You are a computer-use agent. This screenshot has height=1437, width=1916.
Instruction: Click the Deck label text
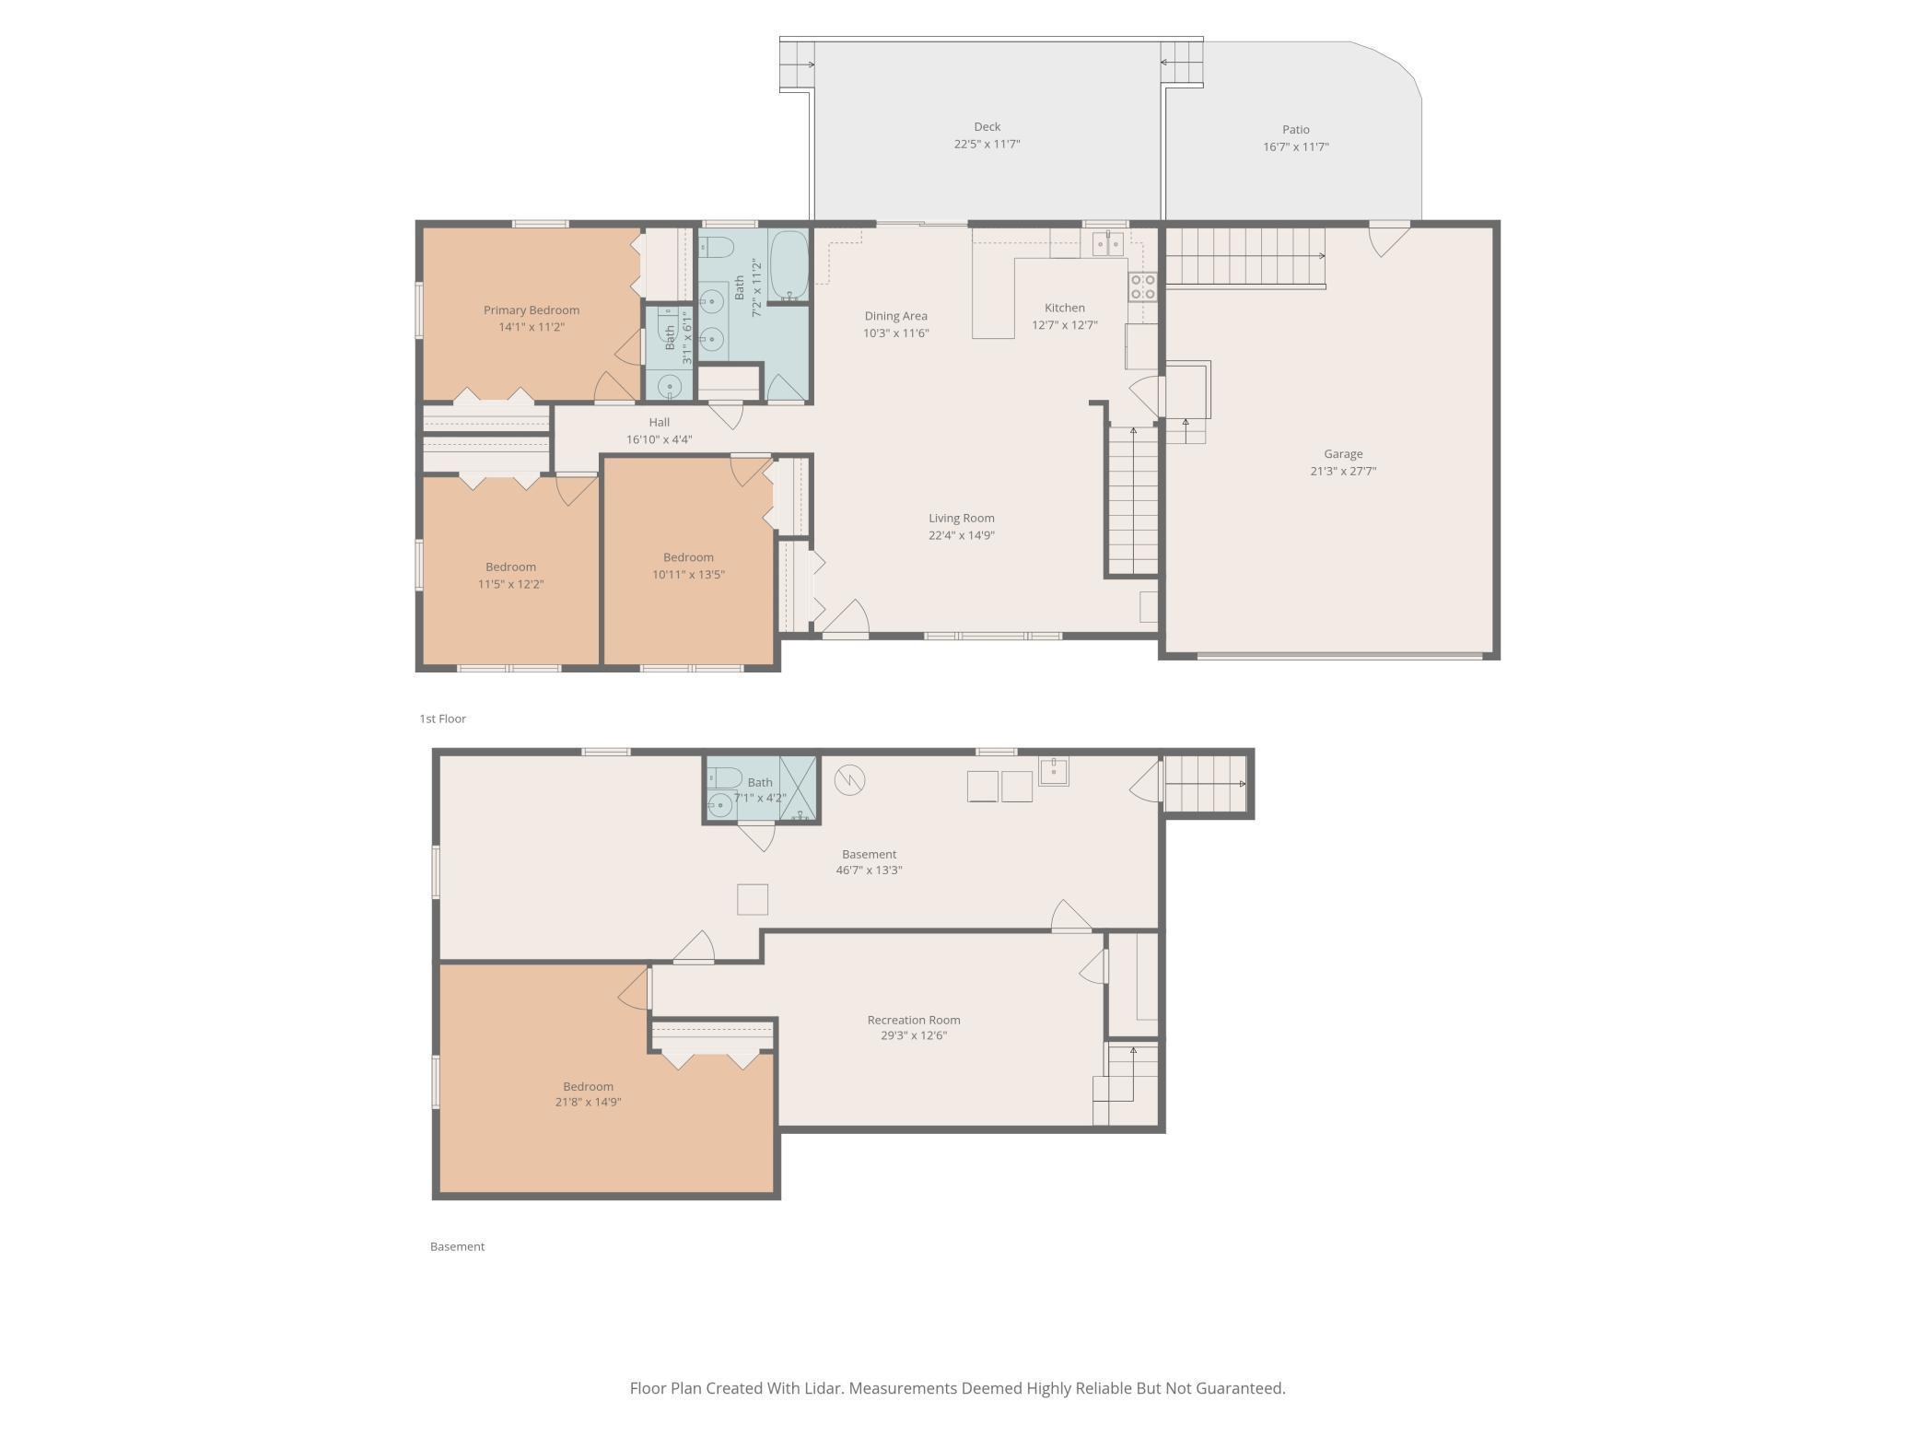(x=987, y=127)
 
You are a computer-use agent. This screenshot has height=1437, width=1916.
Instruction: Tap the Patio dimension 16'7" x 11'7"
(x=1295, y=146)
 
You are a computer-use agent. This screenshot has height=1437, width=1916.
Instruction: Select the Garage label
(x=1343, y=453)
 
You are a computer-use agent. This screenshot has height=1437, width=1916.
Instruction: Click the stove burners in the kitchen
(x=1142, y=286)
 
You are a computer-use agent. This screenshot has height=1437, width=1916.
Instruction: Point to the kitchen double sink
(x=1107, y=243)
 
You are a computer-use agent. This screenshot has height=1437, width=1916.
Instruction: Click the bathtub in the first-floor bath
(x=789, y=265)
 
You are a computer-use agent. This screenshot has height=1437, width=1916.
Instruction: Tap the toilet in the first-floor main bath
(x=717, y=247)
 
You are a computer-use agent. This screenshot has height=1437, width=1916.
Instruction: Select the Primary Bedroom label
(x=532, y=310)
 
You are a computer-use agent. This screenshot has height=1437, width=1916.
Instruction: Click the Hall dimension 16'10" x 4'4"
(x=659, y=439)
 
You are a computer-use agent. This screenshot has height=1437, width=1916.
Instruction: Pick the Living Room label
(x=961, y=518)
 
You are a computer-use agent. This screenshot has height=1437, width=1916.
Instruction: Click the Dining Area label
(x=895, y=316)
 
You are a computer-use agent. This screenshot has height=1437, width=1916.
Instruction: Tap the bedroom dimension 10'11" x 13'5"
(x=688, y=574)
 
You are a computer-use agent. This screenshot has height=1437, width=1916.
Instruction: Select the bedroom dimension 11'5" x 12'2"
(x=510, y=583)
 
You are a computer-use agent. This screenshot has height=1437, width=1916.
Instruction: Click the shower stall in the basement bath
(x=798, y=788)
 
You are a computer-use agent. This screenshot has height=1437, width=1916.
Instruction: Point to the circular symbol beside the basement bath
(x=849, y=780)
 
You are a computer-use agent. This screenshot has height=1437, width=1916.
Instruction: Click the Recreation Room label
(x=913, y=1020)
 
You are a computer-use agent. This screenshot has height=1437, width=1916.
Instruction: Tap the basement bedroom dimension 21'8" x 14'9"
(x=588, y=1102)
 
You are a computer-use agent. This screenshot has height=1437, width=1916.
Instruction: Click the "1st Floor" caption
(x=442, y=718)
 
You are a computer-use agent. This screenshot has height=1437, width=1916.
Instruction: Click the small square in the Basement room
(x=752, y=899)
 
